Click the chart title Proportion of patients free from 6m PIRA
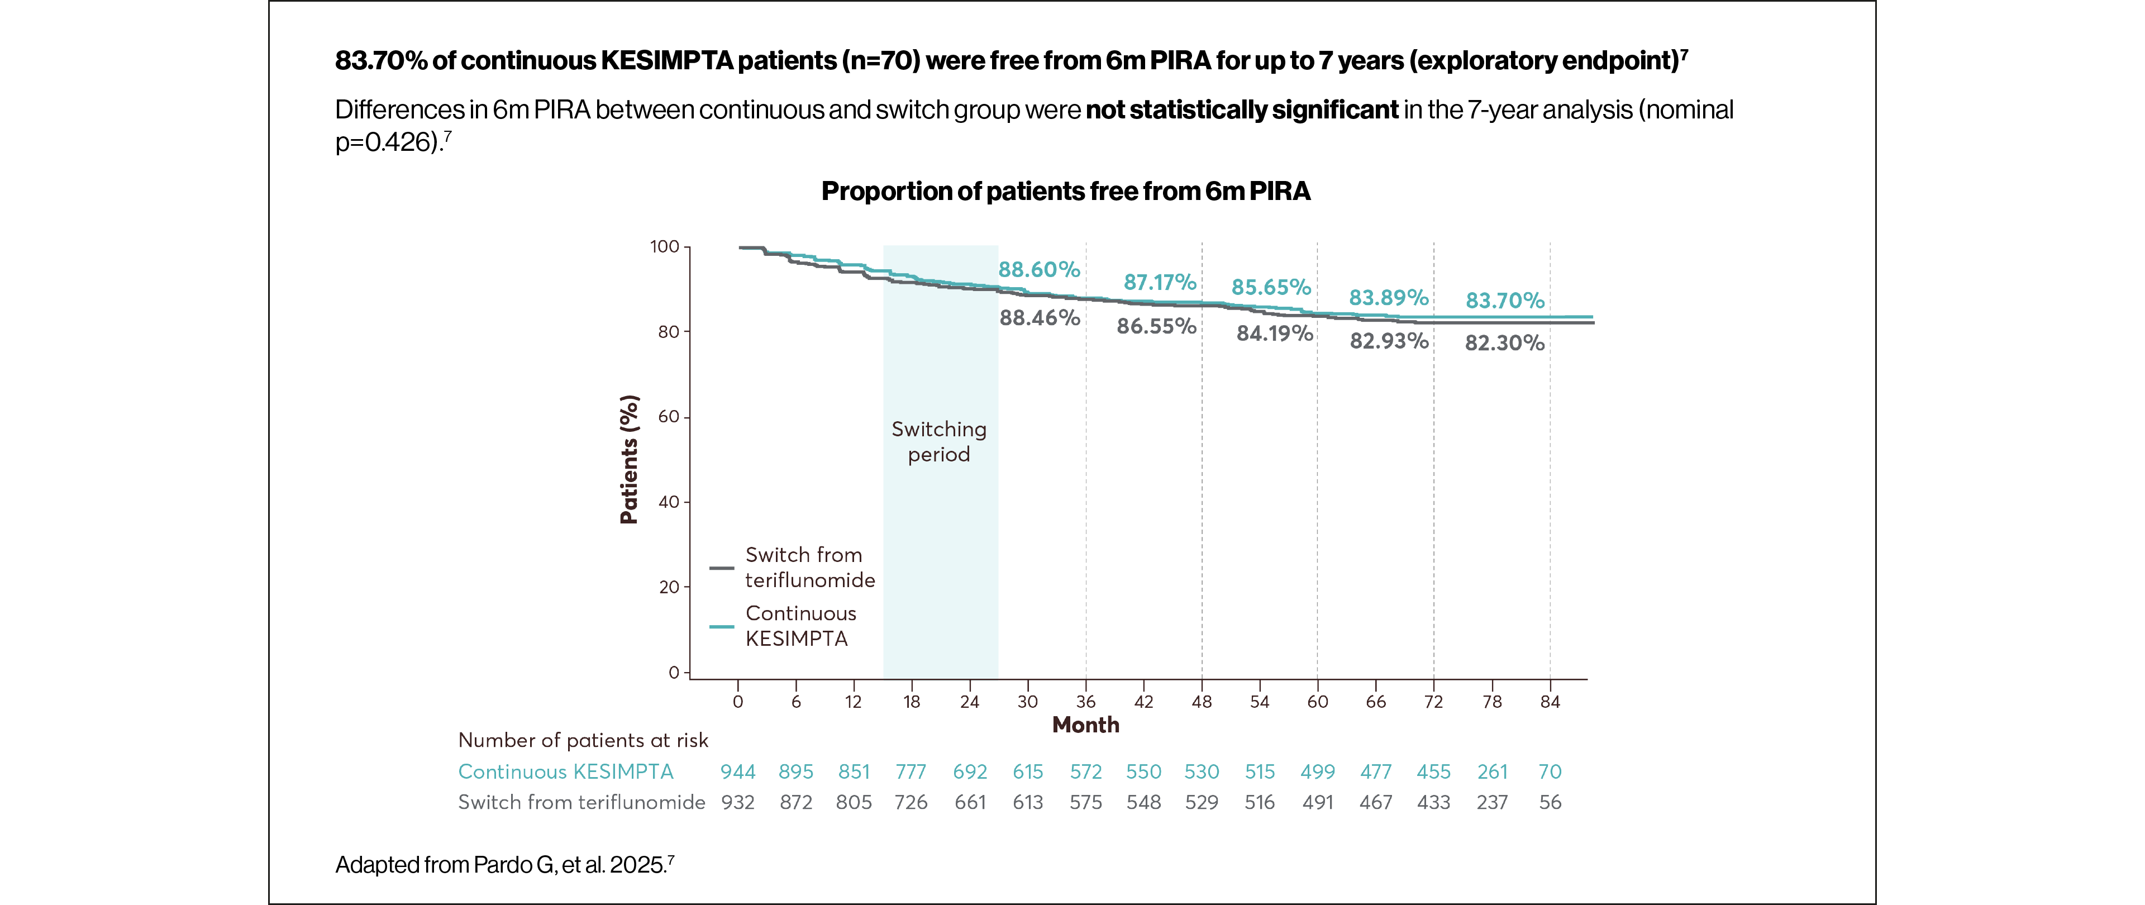pyautogui.click(x=1065, y=192)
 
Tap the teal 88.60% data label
pyautogui.click(x=1038, y=270)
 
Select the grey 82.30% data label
pyautogui.click(x=1504, y=343)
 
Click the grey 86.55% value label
pyautogui.click(x=1156, y=326)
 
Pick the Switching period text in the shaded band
pyautogui.click(x=938, y=441)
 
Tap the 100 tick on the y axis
pyautogui.click(x=665, y=246)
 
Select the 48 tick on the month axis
pyautogui.click(x=1201, y=702)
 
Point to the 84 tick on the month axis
pyautogui.click(x=1549, y=702)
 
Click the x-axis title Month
pyautogui.click(x=1085, y=725)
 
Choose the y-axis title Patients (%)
pyautogui.click(x=630, y=460)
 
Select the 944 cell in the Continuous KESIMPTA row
pyautogui.click(x=738, y=772)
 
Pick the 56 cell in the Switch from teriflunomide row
pyautogui.click(x=1550, y=803)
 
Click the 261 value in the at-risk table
pyautogui.click(x=1492, y=772)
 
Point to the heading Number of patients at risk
pyautogui.click(x=583, y=740)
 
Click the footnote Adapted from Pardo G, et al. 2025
pyautogui.click(x=504, y=865)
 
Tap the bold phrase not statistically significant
pyautogui.click(x=1242, y=110)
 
